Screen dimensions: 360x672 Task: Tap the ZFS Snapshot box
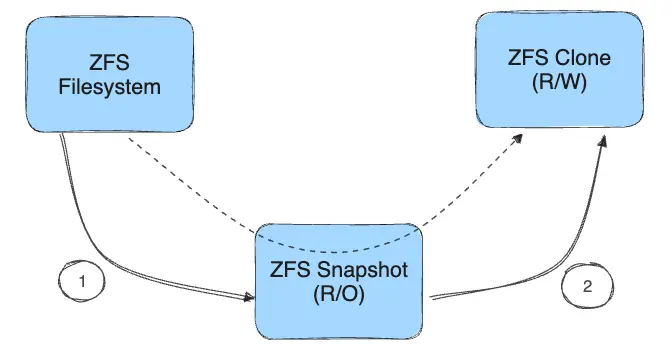341,282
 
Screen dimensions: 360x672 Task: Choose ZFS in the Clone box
527,58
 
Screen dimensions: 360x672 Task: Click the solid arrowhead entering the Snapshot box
249,297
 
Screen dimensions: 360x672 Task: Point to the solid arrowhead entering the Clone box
602,142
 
